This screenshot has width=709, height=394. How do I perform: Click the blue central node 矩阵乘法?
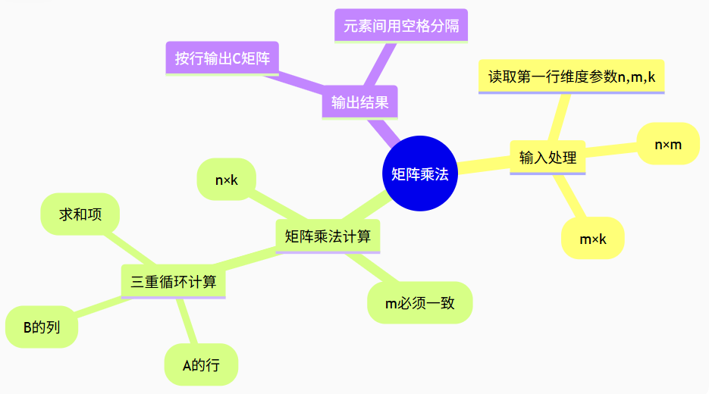click(420, 174)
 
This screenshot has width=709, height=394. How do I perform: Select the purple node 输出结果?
click(359, 102)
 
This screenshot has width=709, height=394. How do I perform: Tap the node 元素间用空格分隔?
click(401, 27)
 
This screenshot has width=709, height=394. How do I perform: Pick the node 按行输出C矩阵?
click(222, 58)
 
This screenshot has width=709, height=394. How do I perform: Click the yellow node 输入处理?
click(547, 158)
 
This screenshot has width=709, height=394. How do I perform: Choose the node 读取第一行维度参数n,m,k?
click(571, 77)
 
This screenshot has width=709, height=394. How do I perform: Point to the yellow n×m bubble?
click(668, 144)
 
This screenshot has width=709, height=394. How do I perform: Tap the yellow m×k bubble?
click(593, 239)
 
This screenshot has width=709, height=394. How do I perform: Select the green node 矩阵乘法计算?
click(328, 236)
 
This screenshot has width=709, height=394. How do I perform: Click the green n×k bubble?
click(226, 180)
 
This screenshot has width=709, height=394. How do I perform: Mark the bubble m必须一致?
click(419, 303)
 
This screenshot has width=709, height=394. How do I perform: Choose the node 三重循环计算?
click(174, 282)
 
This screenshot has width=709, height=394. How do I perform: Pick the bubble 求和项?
click(80, 214)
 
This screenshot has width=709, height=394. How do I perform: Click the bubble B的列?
click(42, 327)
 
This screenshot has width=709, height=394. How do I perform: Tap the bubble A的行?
click(201, 365)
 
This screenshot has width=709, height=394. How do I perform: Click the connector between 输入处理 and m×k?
click(572, 199)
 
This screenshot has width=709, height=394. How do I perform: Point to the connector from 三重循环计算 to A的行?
click(187, 321)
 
